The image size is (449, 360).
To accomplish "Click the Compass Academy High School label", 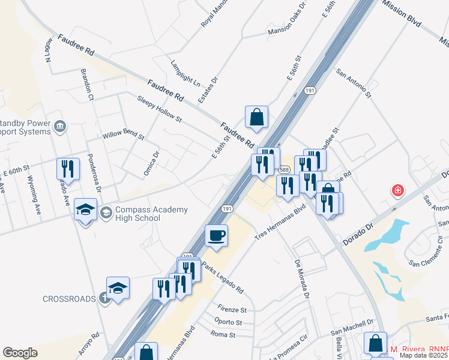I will [x=143, y=214].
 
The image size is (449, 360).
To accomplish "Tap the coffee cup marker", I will [x=216, y=235].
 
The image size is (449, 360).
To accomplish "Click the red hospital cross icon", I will [x=397, y=191].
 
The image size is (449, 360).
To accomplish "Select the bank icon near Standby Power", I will [x=60, y=126].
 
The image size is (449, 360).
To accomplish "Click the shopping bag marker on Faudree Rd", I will [x=256, y=116].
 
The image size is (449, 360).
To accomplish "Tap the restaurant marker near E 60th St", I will [x=68, y=169].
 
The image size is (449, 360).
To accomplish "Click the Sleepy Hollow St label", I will [x=158, y=107].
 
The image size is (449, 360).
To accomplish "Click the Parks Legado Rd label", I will [x=222, y=277].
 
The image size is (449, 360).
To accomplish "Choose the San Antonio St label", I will [x=354, y=83].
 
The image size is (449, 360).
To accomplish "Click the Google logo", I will [x=20, y=353].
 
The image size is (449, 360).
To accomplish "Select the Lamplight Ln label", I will [x=185, y=72].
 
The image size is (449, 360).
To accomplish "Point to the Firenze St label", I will [x=232, y=310].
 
